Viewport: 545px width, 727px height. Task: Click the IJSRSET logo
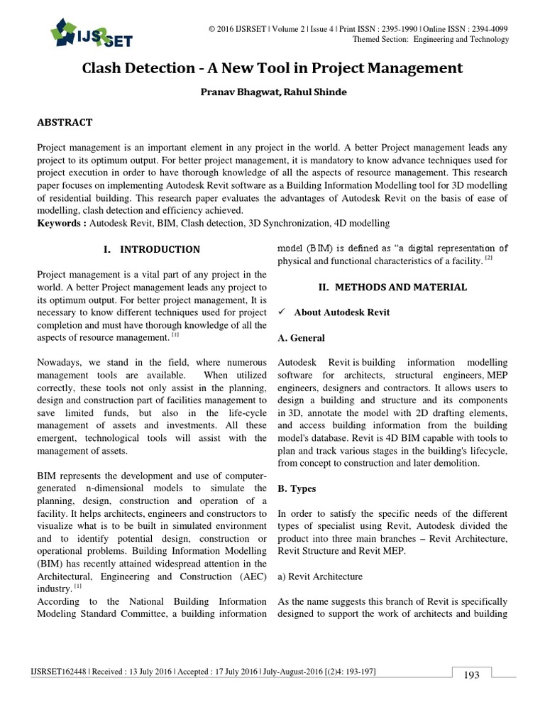point(90,33)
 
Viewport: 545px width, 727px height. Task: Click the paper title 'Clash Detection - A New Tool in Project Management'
point(272,68)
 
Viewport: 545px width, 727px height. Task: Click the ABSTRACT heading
point(65,122)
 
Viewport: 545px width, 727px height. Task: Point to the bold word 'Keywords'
point(61,223)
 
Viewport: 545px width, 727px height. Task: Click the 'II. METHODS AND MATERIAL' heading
point(392,287)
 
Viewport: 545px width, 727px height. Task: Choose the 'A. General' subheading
point(301,338)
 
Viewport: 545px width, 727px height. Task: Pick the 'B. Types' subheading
point(297,488)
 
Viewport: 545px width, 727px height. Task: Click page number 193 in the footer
point(472,675)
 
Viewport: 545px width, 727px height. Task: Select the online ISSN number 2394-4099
point(484,28)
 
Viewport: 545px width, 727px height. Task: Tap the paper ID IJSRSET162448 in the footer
point(60,671)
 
